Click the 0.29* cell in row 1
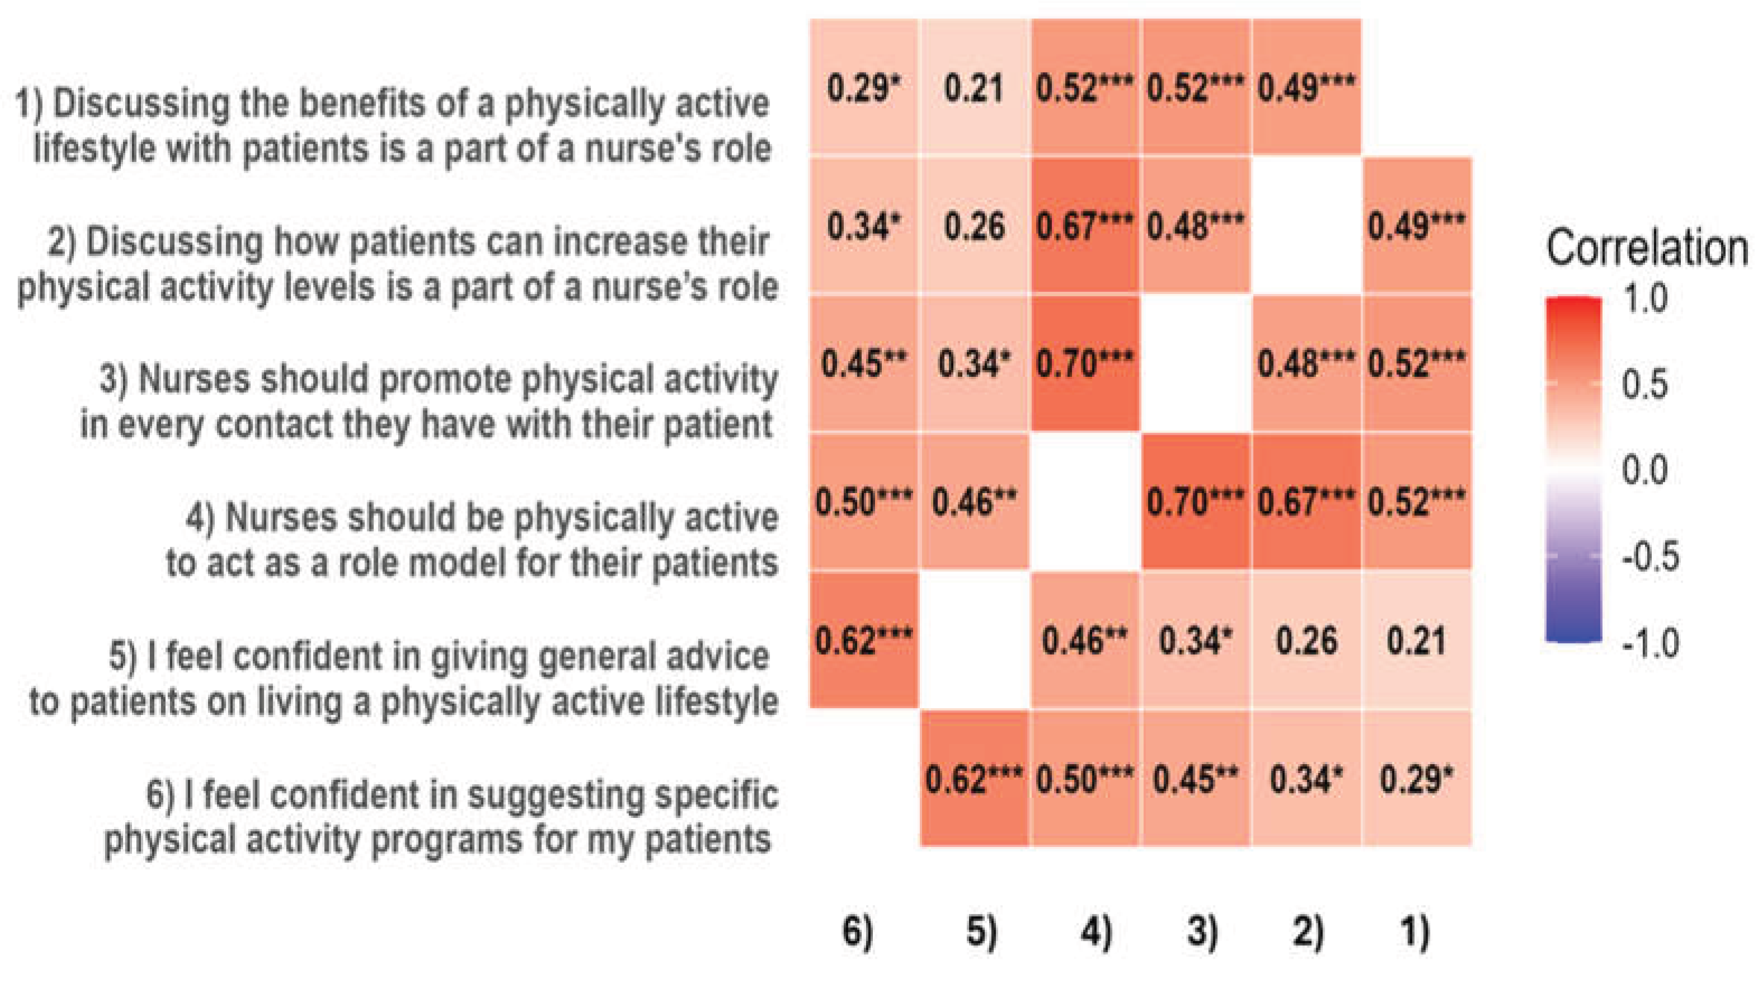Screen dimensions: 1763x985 pos(864,87)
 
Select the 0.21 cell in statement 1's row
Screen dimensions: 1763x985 pos(975,87)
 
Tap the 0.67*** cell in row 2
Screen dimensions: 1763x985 pos(1085,225)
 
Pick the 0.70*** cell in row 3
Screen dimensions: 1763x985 pos(1085,363)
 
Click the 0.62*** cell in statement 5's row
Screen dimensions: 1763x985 pos(864,640)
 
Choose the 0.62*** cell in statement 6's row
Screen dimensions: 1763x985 pos(975,778)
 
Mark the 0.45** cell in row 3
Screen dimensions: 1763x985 pos(864,363)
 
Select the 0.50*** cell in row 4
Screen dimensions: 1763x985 pos(864,501)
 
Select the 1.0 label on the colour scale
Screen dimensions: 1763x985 pos(1644,299)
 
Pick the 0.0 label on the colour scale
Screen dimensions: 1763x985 pos(1644,471)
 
